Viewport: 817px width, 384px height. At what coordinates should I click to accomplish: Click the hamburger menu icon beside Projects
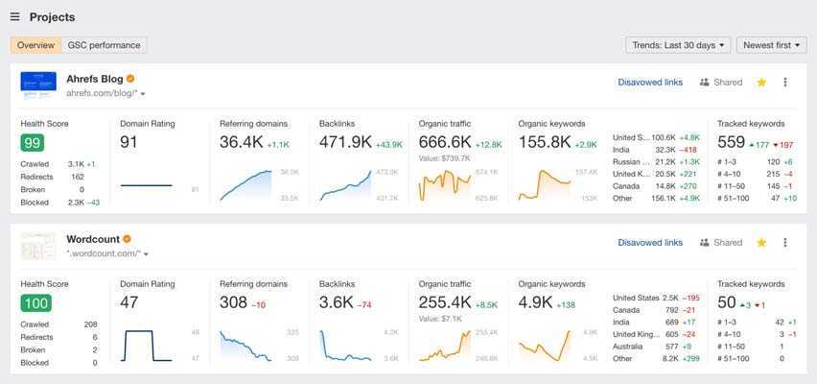(x=15, y=17)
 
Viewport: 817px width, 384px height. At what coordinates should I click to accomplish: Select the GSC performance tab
(x=104, y=45)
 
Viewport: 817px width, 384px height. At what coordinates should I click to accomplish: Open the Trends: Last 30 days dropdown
(x=678, y=45)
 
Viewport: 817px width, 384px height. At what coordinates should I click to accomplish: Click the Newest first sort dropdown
(x=771, y=45)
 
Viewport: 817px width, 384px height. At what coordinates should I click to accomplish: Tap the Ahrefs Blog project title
(x=94, y=79)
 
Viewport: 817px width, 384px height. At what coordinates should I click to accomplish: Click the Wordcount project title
(x=92, y=239)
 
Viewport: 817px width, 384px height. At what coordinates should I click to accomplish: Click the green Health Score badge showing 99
(x=33, y=143)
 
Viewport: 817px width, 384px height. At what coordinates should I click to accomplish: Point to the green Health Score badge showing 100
(x=35, y=303)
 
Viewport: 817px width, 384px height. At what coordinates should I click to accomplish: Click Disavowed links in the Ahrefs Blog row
(x=650, y=83)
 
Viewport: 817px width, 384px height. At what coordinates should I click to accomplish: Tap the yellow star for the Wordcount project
(x=761, y=243)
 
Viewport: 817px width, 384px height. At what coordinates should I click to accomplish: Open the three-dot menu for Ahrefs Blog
(x=785, y=83)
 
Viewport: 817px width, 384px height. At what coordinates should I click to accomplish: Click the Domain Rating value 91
(x=129, y=142)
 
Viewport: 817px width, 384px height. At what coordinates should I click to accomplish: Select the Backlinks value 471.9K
(x=345, y=142)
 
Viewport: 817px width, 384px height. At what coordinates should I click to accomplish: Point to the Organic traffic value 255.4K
(x=445, y=302)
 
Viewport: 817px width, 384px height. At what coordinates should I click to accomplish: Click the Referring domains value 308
(x=233, y=302)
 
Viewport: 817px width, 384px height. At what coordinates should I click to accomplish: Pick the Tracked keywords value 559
(x=731, y=142)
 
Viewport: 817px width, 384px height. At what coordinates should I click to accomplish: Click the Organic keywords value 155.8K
(x=545, y=142)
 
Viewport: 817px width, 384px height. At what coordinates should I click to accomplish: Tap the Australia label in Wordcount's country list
(x=629, y=346)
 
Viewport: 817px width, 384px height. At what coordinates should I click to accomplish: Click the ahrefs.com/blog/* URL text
(x=102, y=93)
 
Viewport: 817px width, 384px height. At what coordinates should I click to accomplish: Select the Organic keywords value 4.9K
(x=535, y=302)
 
